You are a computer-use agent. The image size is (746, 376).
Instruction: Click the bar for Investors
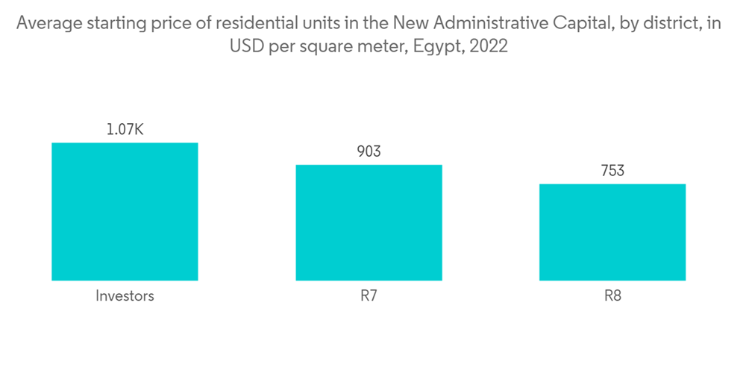click(x=125, y=211)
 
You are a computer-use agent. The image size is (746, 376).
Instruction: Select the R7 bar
click(x=369, y=222)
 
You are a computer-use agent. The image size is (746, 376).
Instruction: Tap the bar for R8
click(x=612, y=232)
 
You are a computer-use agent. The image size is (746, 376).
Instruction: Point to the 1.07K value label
click(x=125, y=130)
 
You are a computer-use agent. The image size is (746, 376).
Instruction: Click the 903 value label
click(x=369, y=151)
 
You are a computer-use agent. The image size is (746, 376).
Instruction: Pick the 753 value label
click(x=612, y=171)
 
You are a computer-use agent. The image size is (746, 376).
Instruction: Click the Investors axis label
click(x=125, y=295)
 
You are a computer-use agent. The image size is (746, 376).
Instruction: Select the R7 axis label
click(x=369, y=295)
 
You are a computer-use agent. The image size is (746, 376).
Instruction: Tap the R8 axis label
click(x=612, y=295)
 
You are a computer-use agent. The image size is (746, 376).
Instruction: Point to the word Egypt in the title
click(x=438, y=46)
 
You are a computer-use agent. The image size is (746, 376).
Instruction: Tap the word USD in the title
click(x=245, y=46)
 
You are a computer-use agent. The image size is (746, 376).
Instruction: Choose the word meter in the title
click(x=380, y=46)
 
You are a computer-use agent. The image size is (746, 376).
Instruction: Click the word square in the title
click(x=328, y=46)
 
